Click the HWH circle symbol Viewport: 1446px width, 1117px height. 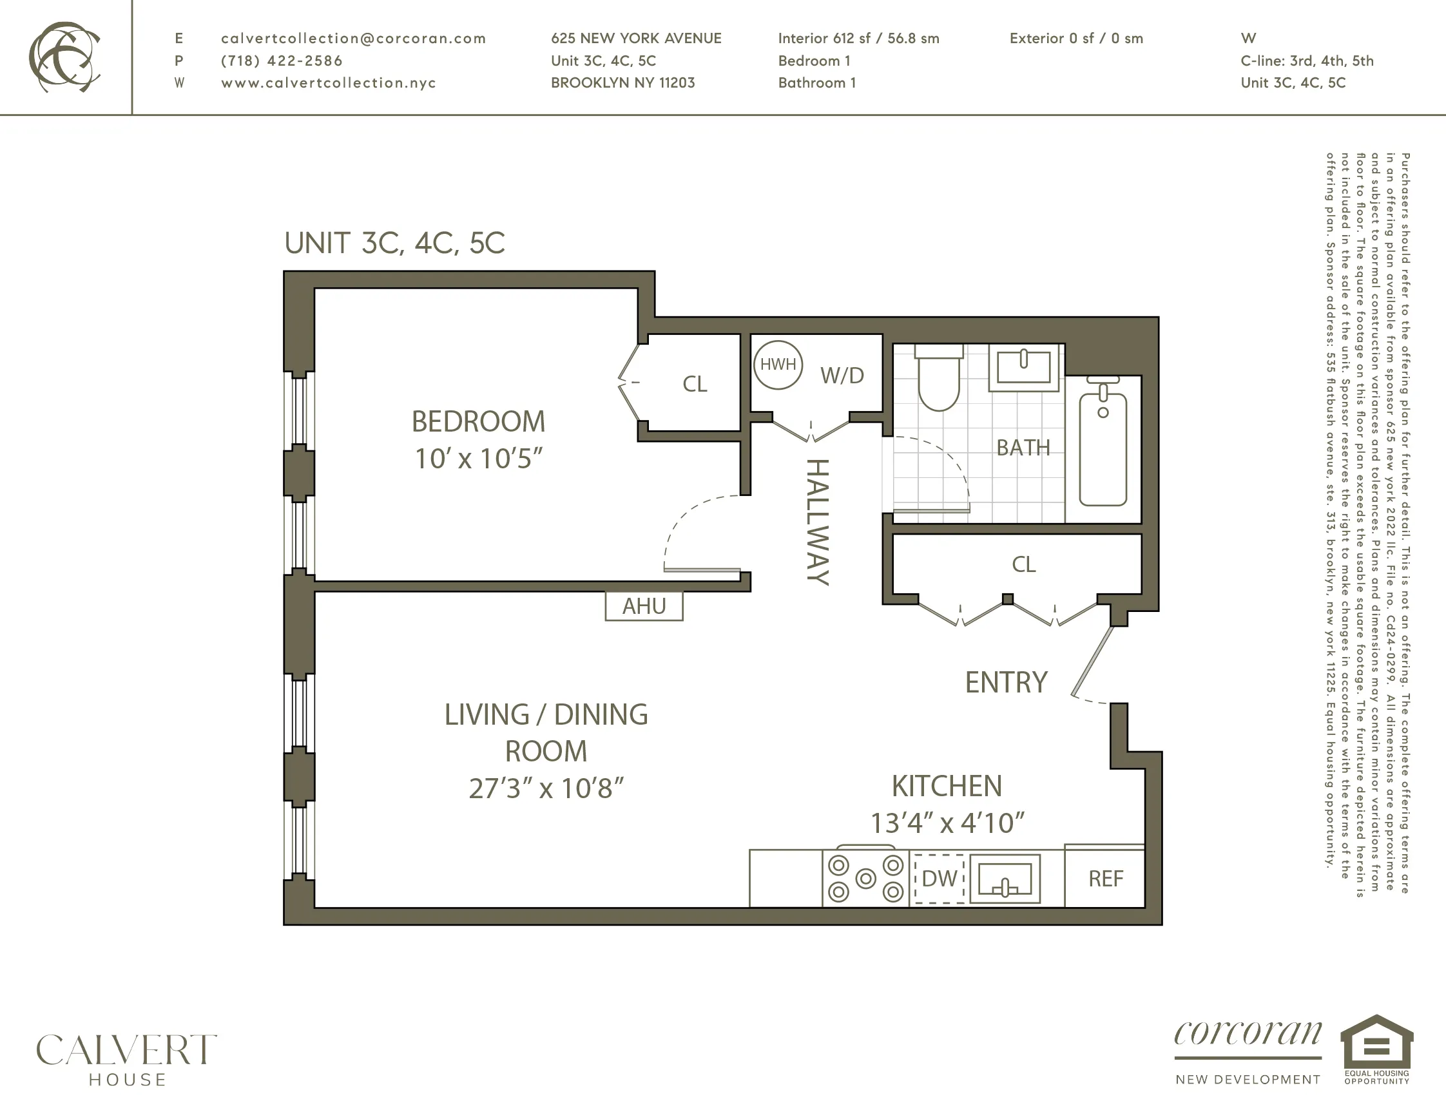[x=778, y=365]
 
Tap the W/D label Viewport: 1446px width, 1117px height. [x=842, y=376]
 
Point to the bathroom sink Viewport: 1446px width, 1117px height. [x=1023, y=367]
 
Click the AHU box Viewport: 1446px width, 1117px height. [x=644, y=606]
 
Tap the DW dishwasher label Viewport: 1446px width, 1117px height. [x=940, y=879]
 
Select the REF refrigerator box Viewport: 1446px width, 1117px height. [x=1105, y=879]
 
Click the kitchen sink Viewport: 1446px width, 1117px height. [x=1005, y=879]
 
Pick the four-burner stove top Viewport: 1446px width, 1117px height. [x=865, y=879]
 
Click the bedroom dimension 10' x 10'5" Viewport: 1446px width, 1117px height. [x=478, y=459]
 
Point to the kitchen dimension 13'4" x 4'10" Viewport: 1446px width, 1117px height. [x=947, y=823]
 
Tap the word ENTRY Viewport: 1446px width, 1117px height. [x=1006, y=682]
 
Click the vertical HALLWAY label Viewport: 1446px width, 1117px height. [x=818, y=522]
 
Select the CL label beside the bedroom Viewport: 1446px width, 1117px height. [x=695, y=384]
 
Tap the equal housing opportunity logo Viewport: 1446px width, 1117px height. [x=1376, y=1049]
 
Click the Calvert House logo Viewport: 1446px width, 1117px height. [x=126, y=1059]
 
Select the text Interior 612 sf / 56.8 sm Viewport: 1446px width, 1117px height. [x=858, y=39]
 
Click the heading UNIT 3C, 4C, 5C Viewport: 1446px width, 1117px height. [x=394, y=243]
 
